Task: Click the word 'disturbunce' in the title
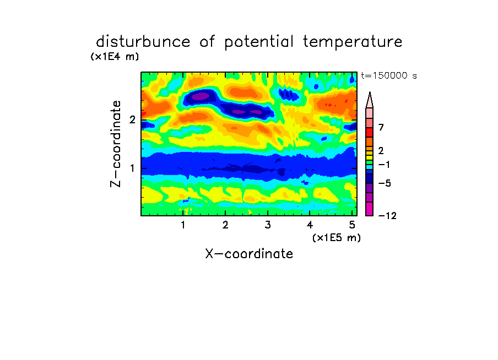143,41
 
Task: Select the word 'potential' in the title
259,42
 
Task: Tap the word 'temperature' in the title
353,42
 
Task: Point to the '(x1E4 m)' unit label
115,57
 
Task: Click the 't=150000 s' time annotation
389,75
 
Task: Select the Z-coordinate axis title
115,144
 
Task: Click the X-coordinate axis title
249,254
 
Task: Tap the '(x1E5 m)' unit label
337,238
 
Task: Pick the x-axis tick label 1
183,225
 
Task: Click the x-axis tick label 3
268,225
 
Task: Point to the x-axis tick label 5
352,225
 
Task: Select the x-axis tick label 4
310,225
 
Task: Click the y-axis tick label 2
132,119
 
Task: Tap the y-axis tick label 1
132,168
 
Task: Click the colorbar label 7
381,127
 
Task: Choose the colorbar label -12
387,216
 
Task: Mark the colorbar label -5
385,183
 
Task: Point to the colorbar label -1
384,165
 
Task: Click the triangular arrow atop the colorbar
370,100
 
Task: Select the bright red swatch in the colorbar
370,132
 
